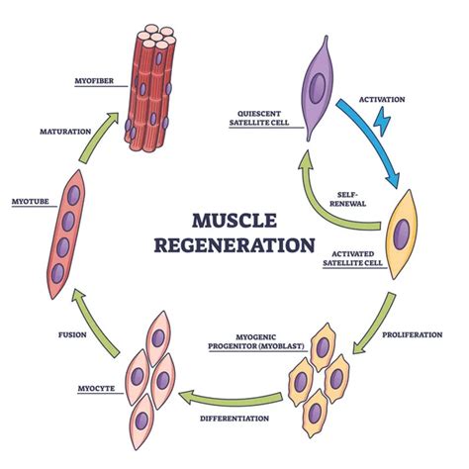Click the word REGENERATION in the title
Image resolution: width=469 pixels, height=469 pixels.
pyautogui.click(x=234, y=242)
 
